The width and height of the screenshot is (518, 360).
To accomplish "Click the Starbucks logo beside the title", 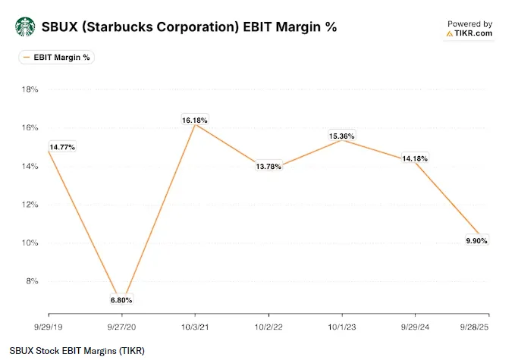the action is tap(25, 27).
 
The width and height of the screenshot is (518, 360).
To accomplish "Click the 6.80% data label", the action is tap(121, 300).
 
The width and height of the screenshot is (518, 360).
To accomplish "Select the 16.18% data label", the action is tap(195, 120).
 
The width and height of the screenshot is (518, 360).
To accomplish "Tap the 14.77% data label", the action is tap(62, 147).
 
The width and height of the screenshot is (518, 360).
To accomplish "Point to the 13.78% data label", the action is tap(268, 167).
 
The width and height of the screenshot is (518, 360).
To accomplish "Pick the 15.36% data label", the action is tap(341, 136).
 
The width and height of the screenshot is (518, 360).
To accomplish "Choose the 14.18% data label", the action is tap(415, 158).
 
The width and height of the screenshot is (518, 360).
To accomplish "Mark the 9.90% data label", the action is tap(476, 240).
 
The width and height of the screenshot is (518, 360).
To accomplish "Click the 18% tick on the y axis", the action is tap(30, 89).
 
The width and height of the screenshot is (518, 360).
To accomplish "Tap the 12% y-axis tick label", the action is tap(30, 205).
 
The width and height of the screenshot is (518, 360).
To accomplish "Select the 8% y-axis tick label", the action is tap(32, 281).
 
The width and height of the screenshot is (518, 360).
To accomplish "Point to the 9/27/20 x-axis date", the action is tap(121, 327).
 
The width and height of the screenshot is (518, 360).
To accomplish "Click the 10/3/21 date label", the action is tap(195, 327).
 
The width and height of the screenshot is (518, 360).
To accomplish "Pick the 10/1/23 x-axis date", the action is tap(342, 327).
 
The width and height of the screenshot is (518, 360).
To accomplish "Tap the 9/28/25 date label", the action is tap(475, 327).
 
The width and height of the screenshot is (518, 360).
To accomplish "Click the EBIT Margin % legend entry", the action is tap(56, 58).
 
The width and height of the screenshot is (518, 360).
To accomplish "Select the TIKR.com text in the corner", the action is tap(473, 33).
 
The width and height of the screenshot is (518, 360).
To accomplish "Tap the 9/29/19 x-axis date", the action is tap(49, 327).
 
